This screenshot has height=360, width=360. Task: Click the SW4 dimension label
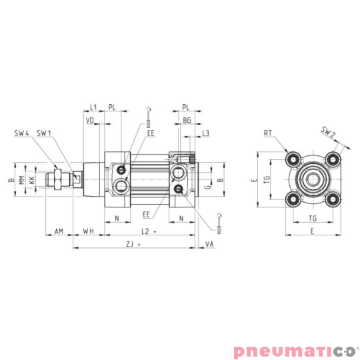[22, 133]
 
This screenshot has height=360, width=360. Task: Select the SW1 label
[45, 133]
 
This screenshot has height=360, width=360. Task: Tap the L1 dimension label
[93, 107]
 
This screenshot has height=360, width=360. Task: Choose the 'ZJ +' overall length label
[134, 245]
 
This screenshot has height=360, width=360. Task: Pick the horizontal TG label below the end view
[312, 219]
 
